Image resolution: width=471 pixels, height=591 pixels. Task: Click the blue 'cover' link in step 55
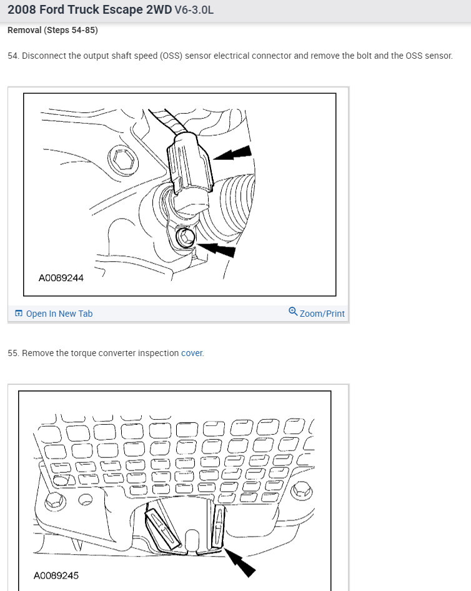tap(192, 353)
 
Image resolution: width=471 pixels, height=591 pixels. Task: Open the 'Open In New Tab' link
tap(59, 314)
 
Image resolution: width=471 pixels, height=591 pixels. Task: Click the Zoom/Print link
tap(322, 314)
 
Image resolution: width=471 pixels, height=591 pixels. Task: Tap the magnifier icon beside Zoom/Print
tap(293, 312)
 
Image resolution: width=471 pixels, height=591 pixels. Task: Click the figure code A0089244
tap(61, 278)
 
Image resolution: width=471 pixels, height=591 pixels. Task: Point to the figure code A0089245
tap(56, 575)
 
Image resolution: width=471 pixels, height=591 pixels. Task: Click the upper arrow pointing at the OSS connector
tap(234, 153)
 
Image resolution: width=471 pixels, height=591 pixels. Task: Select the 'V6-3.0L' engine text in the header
tap(194, 11)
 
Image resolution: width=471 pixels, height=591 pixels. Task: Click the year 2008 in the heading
tap(21, 10)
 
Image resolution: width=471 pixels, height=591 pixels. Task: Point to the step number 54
tap(13, 56)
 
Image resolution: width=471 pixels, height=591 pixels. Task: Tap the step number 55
tap(13, 353)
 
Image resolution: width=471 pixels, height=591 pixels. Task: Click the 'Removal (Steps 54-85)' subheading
tap(52, 30)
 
